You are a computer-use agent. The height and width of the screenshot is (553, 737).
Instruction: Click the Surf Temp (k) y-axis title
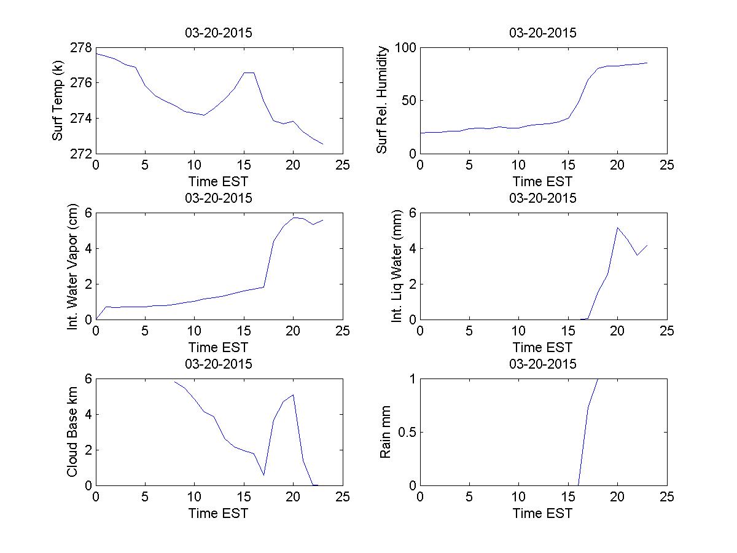click(58, 101)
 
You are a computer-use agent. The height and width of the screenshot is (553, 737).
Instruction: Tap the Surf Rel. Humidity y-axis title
click(382, 101)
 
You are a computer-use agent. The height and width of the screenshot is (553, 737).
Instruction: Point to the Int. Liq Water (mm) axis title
click(397, 267)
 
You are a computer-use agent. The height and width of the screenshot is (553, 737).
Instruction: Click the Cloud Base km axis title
click(72, 433)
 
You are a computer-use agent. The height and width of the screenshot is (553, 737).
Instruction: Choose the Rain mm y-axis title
click(386, 433)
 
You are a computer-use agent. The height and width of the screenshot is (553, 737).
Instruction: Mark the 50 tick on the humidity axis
click(407, 101)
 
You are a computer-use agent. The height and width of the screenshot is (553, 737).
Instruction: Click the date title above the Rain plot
click(543, 364)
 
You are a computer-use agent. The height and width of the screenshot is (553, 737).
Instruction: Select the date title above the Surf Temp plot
click(219, 33)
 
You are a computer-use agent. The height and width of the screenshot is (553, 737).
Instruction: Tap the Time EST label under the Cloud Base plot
click(219, 513)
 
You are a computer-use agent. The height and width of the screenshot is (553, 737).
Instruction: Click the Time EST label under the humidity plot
click(543, 182)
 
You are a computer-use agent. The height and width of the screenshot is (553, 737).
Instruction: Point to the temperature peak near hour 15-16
click(249, 73)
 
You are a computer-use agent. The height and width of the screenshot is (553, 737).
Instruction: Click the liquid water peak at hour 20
click(617, 227)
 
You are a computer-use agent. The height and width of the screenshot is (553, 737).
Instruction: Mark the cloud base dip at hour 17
click(263, 474)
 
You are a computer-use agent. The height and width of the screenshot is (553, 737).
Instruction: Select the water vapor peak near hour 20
click(294, 218)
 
